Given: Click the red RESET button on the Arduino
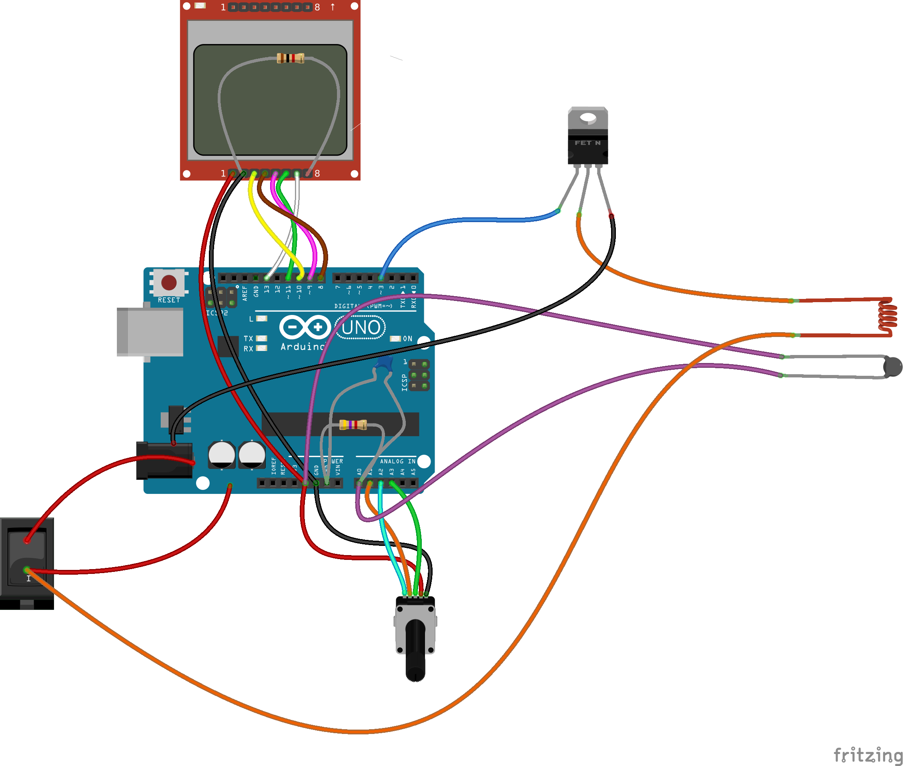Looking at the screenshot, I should [168, 283].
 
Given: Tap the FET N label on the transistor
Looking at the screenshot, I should [587, 143].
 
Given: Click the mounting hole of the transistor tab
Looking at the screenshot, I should [588, 117].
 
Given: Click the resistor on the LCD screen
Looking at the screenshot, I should [291, 58].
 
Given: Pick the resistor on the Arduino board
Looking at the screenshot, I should [353, 424].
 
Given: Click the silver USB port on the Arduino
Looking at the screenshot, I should [150, 332].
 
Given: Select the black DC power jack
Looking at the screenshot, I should [164, 460].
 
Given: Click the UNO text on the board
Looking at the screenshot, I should [361, 328].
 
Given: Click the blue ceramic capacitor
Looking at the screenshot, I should [384, 363].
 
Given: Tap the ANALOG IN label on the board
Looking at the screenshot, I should [397, 461].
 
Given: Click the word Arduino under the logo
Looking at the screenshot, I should [303, 347].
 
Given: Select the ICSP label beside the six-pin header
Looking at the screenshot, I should [404, 383].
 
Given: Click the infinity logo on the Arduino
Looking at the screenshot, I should [305, 327].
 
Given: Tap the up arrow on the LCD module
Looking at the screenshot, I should [333, 7].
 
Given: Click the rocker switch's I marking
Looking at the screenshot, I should [29, 578].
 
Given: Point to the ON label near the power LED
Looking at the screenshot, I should [407, 339].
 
